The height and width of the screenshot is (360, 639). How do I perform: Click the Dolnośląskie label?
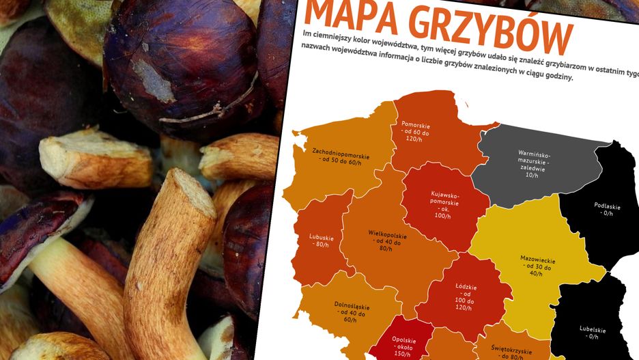tap(331, 311)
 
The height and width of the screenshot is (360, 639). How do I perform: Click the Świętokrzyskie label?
tap(507, 351)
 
